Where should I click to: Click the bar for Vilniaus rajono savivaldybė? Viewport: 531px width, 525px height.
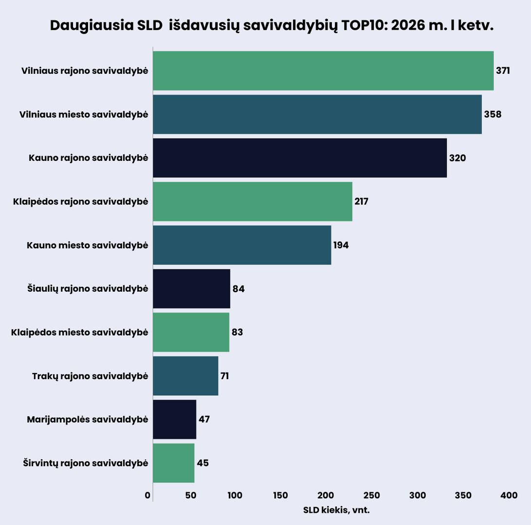coord(323,70)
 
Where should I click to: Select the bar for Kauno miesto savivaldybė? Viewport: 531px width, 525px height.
coord(242,245)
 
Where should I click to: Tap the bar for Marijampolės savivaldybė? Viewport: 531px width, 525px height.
coord(174,419)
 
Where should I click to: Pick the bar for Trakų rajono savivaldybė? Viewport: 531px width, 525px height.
coord(185,376)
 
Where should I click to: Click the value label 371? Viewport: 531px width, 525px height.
coord(503,71)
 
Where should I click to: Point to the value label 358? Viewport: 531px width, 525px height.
coord(493,115)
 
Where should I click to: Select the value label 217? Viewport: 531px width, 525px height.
coord(361,201)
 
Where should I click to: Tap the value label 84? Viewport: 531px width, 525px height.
coord(238,289)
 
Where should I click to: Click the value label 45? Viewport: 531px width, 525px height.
coord(202,463)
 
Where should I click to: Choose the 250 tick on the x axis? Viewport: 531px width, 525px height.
coord(371,495)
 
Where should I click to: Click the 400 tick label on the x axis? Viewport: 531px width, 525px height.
coord(509,495)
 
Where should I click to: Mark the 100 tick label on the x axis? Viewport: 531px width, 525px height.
coord(235,495)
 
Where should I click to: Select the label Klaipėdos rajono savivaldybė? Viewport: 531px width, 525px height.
coord(80,201)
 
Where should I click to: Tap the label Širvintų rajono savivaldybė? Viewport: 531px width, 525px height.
coord(85,463)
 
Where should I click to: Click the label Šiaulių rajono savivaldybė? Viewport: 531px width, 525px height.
coord(88,289)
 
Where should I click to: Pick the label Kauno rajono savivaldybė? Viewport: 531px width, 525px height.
coord(88,158)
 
